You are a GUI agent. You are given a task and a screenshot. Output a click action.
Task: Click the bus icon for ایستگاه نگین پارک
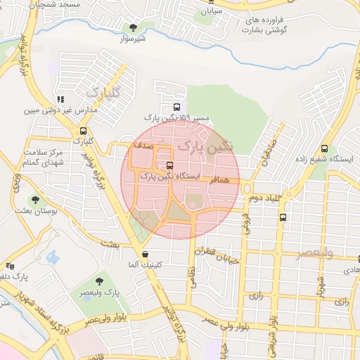click(x=169, y=166)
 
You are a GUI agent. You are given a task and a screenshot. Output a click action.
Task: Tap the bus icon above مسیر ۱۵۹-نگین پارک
click(x=175, y=107)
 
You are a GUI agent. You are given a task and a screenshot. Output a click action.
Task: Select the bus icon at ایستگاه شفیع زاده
click(x=324, y=148)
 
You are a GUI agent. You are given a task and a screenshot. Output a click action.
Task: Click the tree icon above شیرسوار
click(x=133, y=27)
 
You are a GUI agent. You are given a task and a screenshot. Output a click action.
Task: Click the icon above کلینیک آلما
click(x=145, y=255)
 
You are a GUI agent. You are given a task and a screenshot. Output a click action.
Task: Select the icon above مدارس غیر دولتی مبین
click(x=60, y=99)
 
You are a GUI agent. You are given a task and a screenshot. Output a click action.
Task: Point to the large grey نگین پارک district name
click(x=205, y=146)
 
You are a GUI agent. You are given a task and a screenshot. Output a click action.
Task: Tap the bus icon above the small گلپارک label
click(x=84, y=131)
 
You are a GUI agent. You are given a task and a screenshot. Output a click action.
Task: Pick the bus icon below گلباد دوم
click(x=283, y=217)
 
